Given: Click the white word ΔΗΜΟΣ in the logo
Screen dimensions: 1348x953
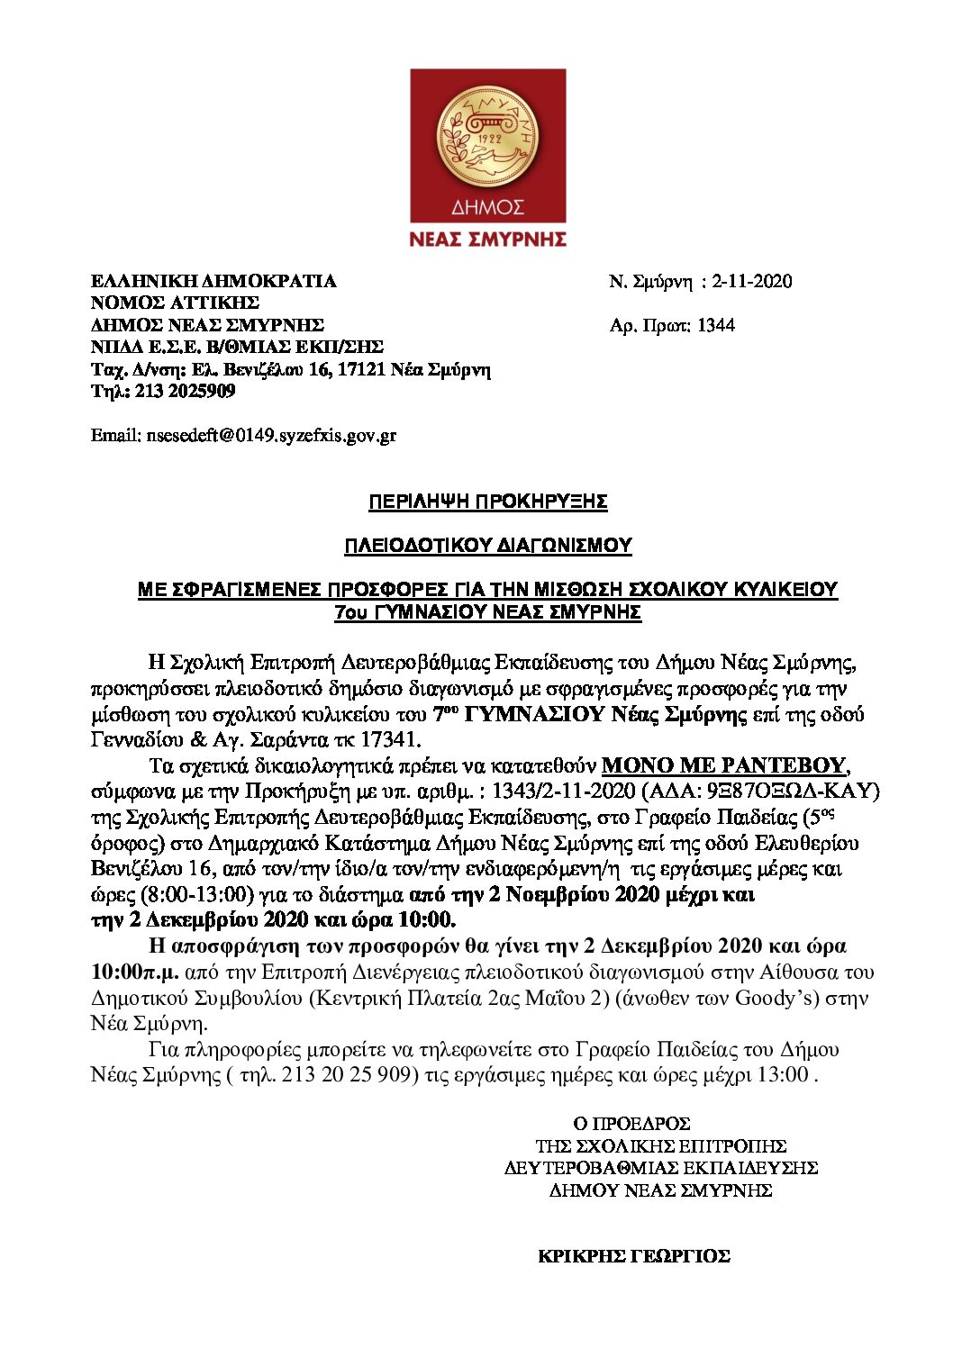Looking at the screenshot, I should [x=487, y=209].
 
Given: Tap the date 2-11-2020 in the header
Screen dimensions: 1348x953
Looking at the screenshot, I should [x=752, y=281].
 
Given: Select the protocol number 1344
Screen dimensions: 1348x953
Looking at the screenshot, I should [x=716, y=325].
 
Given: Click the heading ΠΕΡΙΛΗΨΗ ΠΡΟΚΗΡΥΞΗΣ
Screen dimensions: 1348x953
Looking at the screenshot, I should [x=487, y=502].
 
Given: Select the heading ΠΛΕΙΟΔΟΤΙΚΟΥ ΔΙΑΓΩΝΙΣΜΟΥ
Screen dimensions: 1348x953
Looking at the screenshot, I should [x=487, y=546].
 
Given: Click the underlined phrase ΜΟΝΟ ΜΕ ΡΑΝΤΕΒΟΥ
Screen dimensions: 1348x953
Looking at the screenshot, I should [x=724, y=765].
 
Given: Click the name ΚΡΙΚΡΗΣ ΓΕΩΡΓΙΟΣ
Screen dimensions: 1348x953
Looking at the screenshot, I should [x=633, y=1256].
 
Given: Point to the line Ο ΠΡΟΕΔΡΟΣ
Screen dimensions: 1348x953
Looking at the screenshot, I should [x=631, y=1124].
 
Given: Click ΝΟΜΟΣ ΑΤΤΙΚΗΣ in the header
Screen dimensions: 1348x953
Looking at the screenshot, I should [x=175, y=303].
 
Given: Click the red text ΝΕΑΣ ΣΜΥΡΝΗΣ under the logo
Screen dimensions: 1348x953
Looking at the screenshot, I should [x=487, y=239].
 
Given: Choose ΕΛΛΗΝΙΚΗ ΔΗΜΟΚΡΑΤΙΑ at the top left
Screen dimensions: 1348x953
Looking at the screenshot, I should [x=213, y=281].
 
